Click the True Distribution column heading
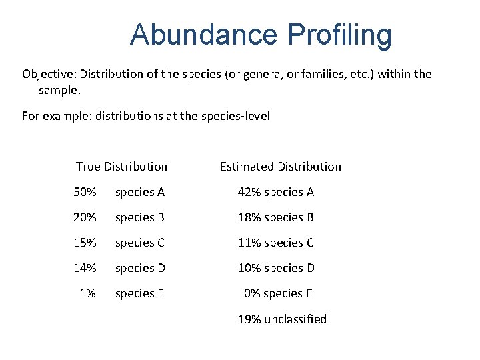(x=121, y=167)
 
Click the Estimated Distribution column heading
(x=280, y=167)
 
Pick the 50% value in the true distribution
(x=85, y=192)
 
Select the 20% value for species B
(x=85, y=217)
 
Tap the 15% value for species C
(x=85, y=243)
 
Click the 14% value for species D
(x=85, y=268)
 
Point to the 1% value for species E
(x=88, y=293)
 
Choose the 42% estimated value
(x=250, y=192)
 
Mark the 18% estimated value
(x=250, y=217)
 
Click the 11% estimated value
(x=250, y=243)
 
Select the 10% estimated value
(x=250, y=268)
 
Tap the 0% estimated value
(x=252, y=293)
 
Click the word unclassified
(x=295, y=319)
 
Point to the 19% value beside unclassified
(x=250, y=319)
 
